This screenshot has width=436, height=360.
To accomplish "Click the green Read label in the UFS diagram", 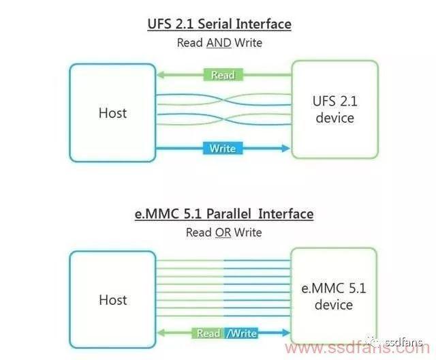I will coord(223,75).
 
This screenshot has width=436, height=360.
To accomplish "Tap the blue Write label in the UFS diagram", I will coord(223,148).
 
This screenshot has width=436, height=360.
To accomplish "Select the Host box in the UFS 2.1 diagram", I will coord(112,112).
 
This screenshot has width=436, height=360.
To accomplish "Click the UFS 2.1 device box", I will coord(334,109).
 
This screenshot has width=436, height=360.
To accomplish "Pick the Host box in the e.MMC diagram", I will coord(112,298).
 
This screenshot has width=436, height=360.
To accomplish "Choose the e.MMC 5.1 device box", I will coord(334,296).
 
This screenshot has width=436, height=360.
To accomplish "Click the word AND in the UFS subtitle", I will coord(219,42).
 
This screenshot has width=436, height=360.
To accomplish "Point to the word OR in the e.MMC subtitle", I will coord(223,232).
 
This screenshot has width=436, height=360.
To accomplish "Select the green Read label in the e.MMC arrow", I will coord(208,333).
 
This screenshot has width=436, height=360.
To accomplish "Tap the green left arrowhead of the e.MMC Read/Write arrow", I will coord(161,333).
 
